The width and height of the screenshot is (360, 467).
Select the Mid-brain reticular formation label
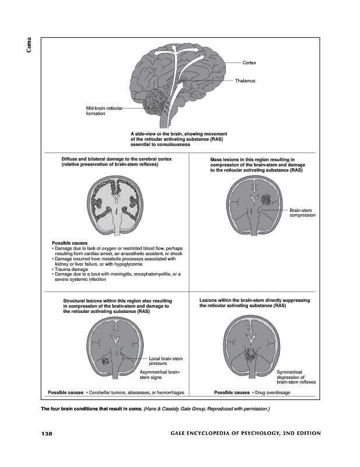[x=104, y=111]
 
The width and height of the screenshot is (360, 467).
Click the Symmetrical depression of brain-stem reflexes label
[x=296, y=377]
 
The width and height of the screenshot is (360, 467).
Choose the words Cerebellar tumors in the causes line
[x=107, y=392]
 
